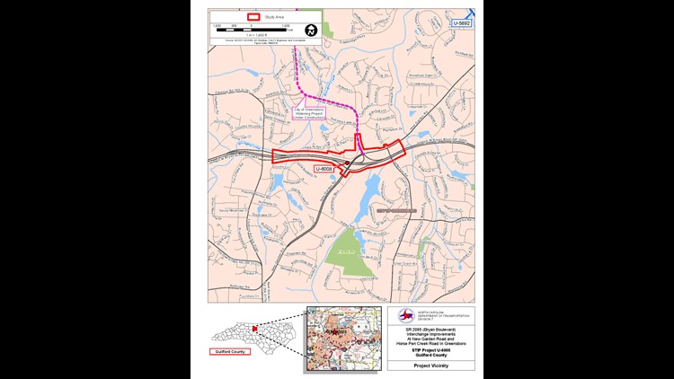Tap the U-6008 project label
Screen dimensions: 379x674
click(324, 168)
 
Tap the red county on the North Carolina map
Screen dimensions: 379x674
click(255, 330)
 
